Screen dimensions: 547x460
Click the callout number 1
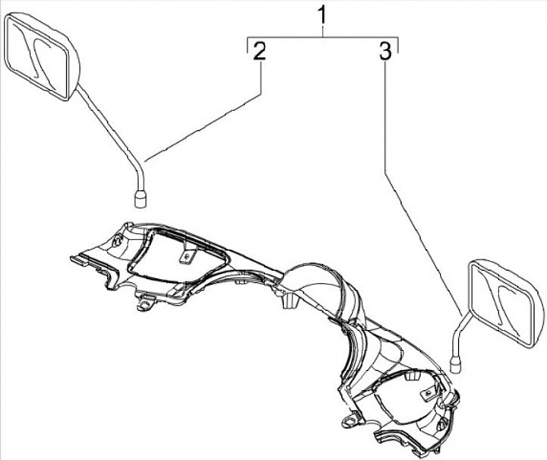[x=323, y=14]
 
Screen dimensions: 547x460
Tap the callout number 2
[x=259, y=51]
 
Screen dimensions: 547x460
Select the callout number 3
[x=385, y=51]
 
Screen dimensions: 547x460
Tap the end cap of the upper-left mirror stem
[x=141, y=199]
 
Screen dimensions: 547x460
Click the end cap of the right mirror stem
[x=457, y=365]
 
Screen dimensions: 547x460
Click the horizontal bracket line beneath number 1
[x=323, y=36]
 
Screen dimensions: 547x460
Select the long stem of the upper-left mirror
[x=112, y=136]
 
